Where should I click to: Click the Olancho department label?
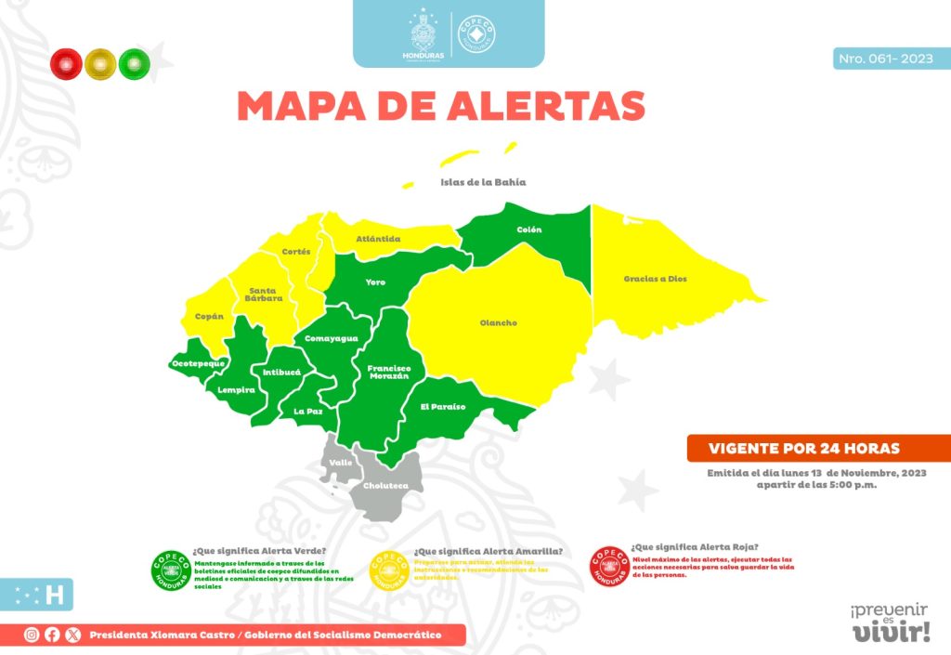[498, 323]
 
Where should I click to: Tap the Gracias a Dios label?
[655, 279]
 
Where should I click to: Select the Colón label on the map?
[528, 229]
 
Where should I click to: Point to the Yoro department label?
[375, 282]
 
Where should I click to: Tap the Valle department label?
[341, 462]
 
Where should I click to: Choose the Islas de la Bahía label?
[483, 182]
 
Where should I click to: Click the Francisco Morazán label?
[388, 372]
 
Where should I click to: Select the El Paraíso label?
[442, 407]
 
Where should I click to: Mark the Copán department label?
[210, 316]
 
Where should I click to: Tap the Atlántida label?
[378, 239]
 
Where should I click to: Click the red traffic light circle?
[66, 62]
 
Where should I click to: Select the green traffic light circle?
[134, 62]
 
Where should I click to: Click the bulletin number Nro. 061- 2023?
[885, 59]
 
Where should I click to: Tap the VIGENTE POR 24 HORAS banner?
[804, 449]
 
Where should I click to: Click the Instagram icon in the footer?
[32, 635]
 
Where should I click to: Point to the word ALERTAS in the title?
[545, 106]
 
